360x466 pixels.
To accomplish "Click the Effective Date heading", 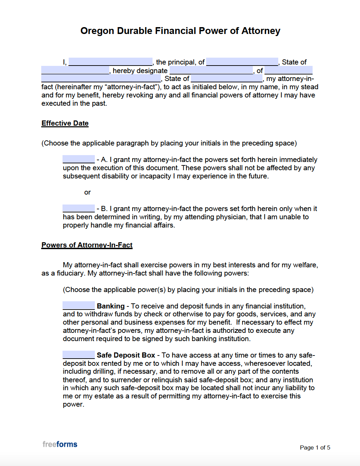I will pyautogui.click(x=65, y=123).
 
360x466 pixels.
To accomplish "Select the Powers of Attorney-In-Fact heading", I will pyautogui.click(x=87, y=245).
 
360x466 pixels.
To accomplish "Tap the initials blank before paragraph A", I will pyautogui.click(x=79, y=159).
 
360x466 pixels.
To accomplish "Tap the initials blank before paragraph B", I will pyautogui.click(x=79, y=208).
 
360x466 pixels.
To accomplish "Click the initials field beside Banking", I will pyautogui.click(x=79, y=306).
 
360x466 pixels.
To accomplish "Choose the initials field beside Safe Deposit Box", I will pyautogui.click(x=79, y=355).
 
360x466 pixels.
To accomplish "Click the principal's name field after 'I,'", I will pyautogui.click(x=110, y=62).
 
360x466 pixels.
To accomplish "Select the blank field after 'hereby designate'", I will pyautogui.click(x=211, y=70).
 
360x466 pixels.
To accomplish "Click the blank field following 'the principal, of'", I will pyautogui.click(x=242, y=62).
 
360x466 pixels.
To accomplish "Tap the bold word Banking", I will pyautogui.click(x=111, y=306).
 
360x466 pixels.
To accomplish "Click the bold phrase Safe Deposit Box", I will pyautogui.click(x=126, y=355).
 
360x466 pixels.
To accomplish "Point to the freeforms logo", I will pyautogui.click(x=60, y=444).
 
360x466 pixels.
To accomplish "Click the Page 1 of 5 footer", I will pyautogui.click(x=315, y=447).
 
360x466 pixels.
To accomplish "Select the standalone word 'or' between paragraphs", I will pyautogui.click(x=87, y=193).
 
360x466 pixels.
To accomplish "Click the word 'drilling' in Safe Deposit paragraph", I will pyautogui.click(x=103, y=372).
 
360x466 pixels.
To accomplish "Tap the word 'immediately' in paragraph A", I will pyautogui.click(x=298, y=160).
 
